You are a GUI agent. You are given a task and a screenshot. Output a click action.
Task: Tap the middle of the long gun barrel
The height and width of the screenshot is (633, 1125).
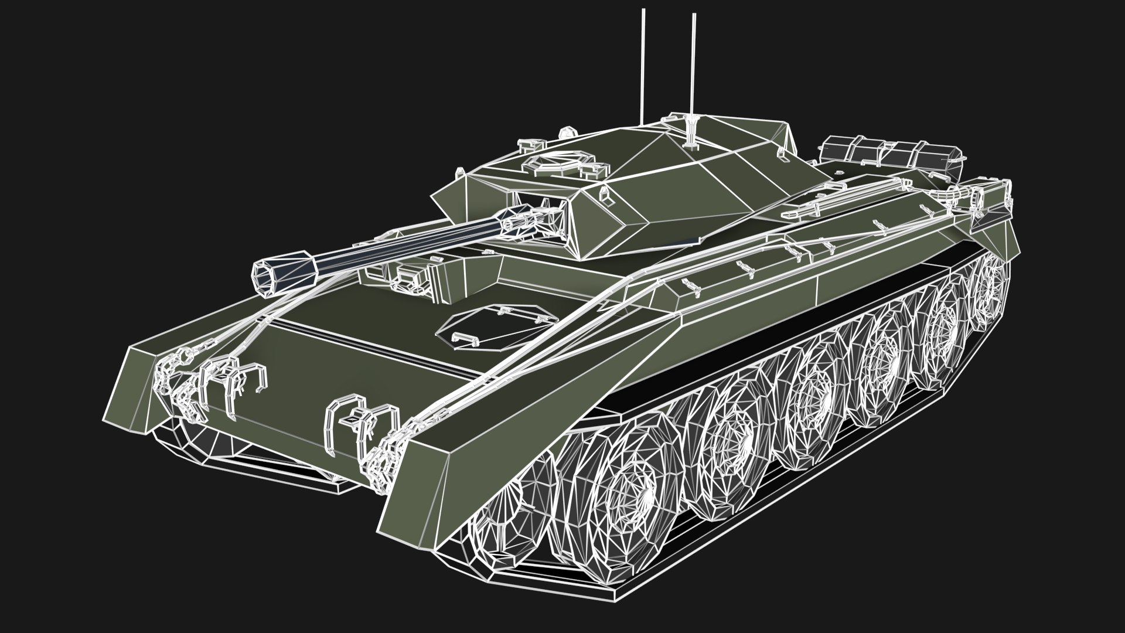[x=410, y=240]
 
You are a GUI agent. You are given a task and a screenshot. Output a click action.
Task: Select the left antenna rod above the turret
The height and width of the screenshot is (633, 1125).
[x=643, y=64]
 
